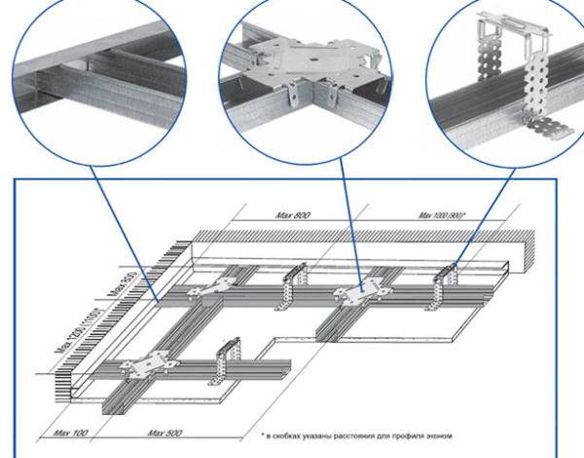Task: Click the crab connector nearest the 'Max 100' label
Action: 146,365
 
